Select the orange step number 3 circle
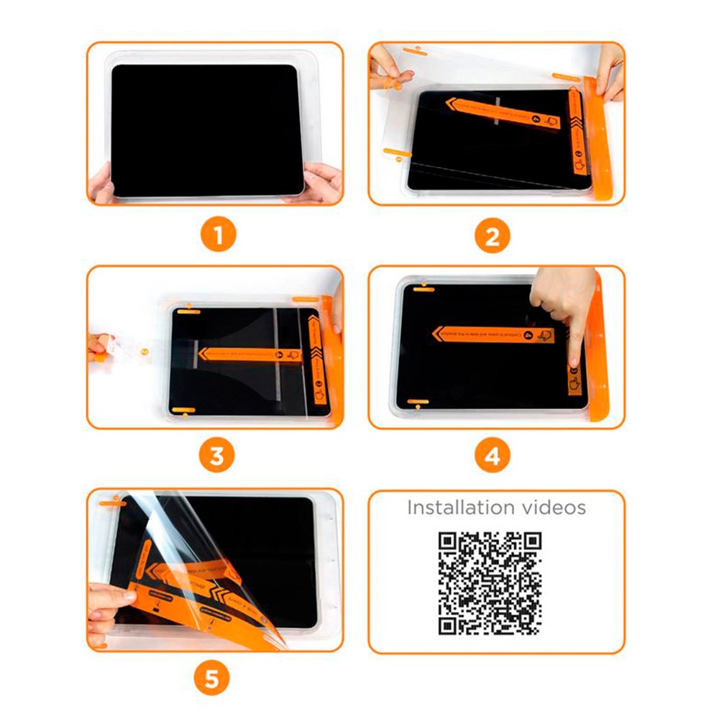pyautogui.click(x=216, y=455)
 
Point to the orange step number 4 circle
pyautogui.click(x=492, y=455)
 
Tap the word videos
pyautogui.click(x=554, y=508)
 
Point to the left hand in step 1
pyautogui.click(x=103, y=183)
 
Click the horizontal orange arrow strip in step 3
pyautogui.click(x=248, y=353)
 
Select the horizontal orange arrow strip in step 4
pyautogui.click(x=493, y=335)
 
